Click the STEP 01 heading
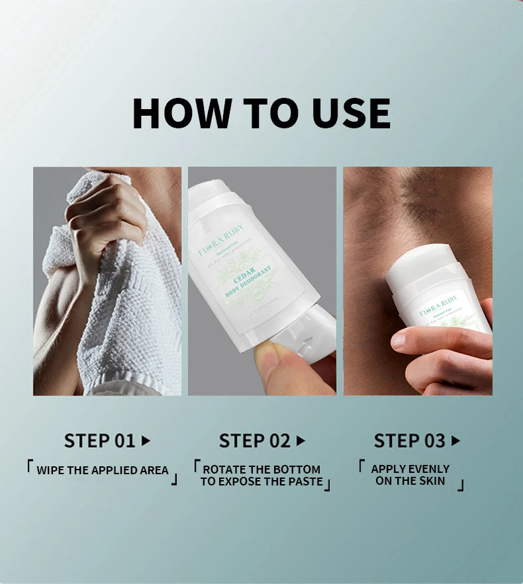pos(99,440)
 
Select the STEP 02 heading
pos(255,440)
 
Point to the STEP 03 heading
pos(410,440)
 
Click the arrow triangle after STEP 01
pos(146,440)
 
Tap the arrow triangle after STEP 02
pos(301,440)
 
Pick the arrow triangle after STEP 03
pos(455,440)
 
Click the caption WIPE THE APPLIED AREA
pos(103,471)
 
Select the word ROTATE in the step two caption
pos(225,470)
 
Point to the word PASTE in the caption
pos(303,481)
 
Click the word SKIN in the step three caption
pos(432,481)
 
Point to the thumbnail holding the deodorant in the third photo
pos(399,341)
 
